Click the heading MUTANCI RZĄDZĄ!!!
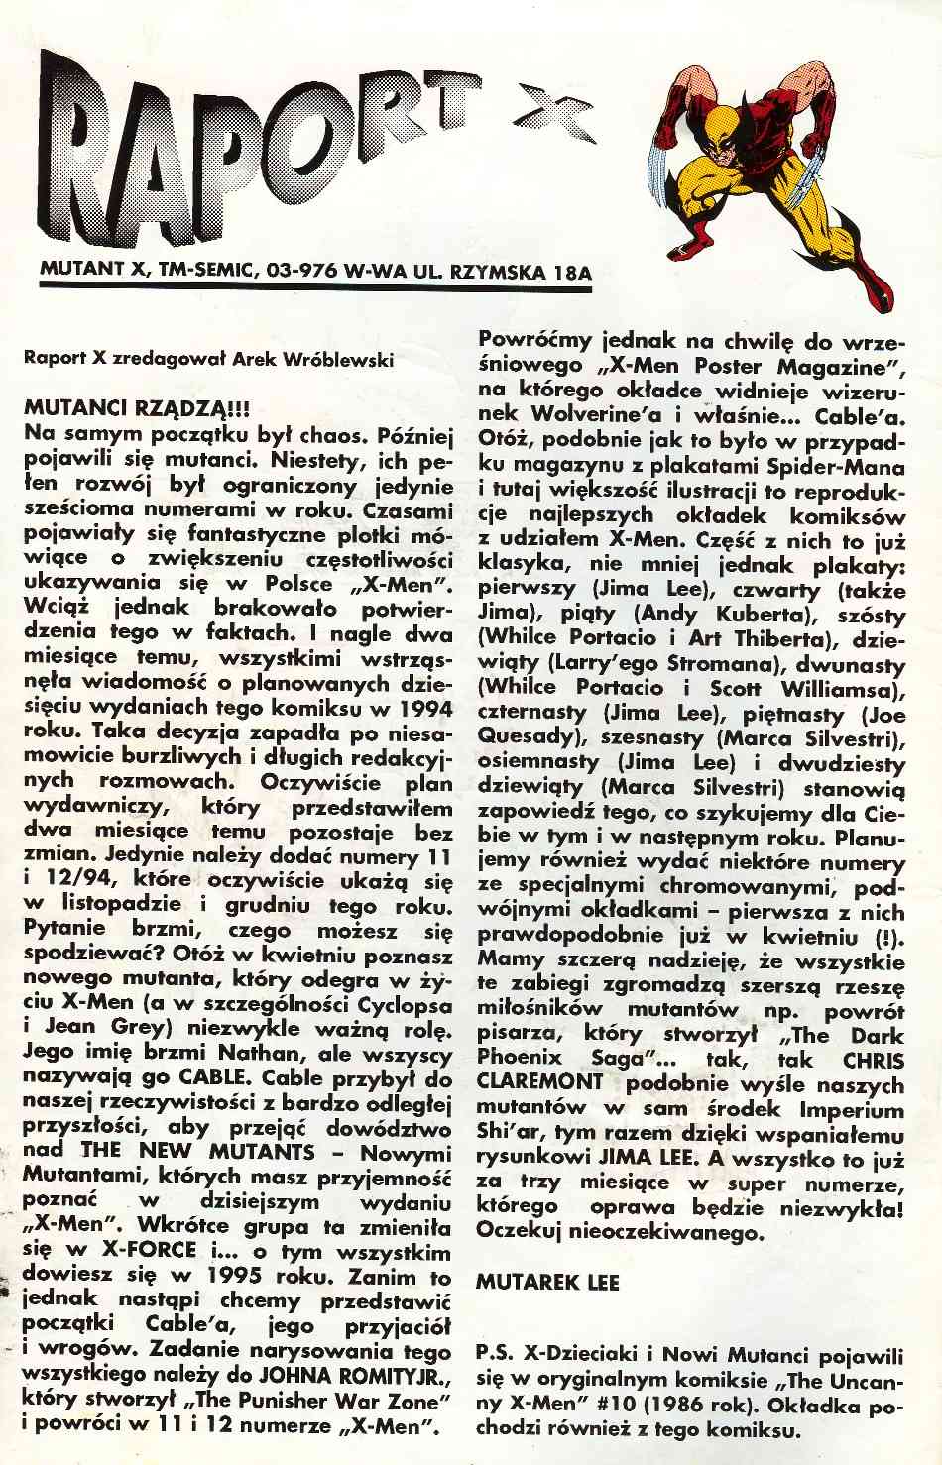(122, 407)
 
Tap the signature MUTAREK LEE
(547, 1282)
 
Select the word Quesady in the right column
(527, 737)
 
